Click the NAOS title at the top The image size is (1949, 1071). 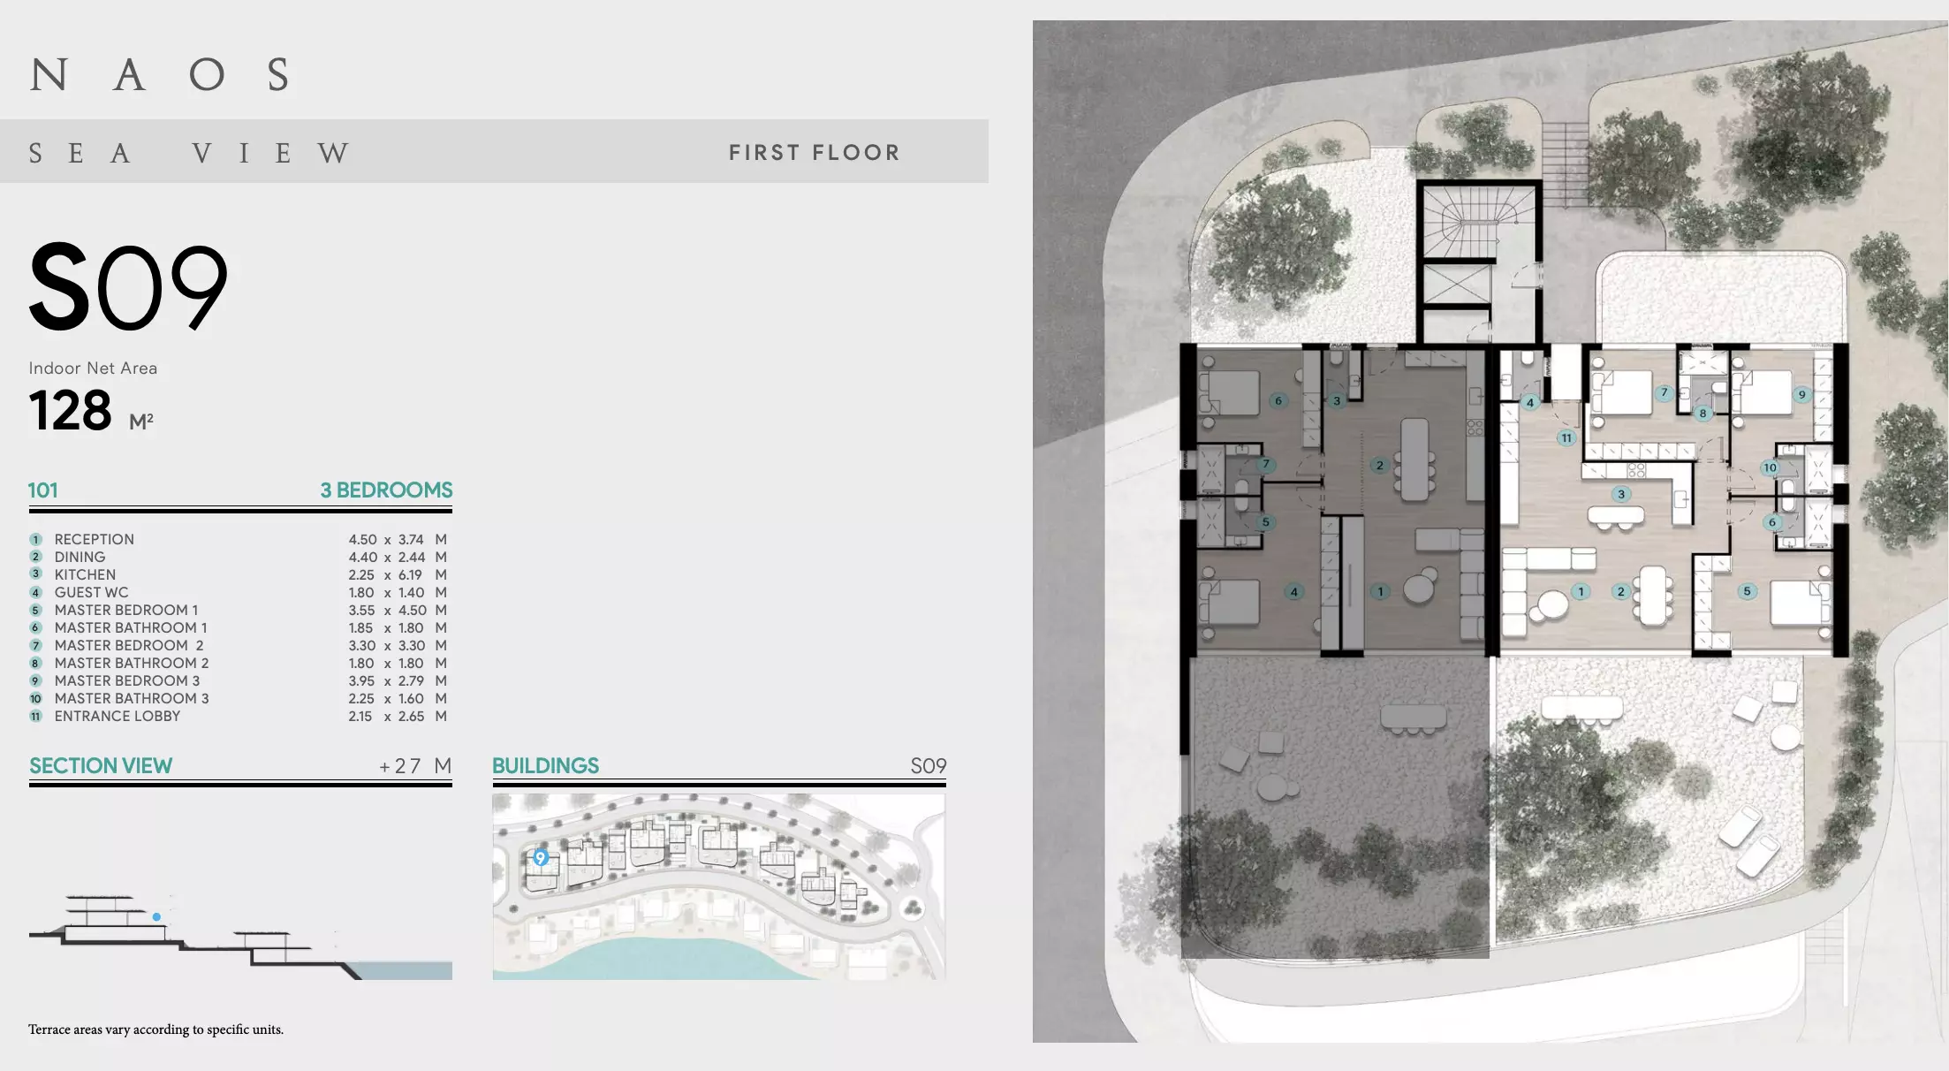160,75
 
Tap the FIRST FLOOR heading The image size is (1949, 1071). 815,153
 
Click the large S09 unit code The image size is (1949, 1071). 128,287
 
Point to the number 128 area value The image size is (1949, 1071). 71,411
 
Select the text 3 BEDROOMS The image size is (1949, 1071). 386,490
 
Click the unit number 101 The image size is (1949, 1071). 42,490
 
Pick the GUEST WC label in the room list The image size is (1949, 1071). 91,593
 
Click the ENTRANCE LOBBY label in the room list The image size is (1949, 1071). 118,717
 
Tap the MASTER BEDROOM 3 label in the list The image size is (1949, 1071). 127,681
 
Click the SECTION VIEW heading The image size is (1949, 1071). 101,766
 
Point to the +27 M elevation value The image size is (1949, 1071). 415,766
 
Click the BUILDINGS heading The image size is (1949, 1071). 545,766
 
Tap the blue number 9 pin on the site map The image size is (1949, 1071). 541,857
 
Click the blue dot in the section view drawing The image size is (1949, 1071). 156,917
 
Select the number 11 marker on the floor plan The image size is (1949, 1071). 1566,437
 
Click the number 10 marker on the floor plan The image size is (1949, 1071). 1770,468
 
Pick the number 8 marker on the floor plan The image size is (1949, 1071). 1703,413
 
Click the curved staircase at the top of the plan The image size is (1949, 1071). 1479,223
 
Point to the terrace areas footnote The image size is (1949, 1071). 155,1029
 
